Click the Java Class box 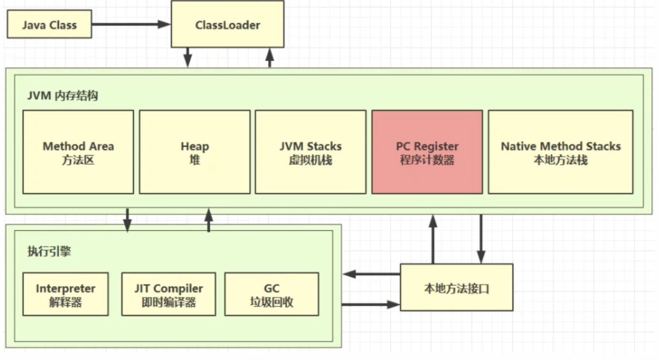point(49,25)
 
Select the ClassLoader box point(228,25)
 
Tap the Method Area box point(78,152)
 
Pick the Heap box point(195,152)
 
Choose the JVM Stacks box point(311,152)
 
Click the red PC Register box point(427,152)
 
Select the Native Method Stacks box point(561,152)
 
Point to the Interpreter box point(65,294)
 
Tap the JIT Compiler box point(169,294)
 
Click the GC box point(272,294)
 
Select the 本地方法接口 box point(457,288)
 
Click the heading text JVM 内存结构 point(63,96)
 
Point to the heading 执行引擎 point(49,251)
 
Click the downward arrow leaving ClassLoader point(188,58)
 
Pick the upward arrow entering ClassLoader point(270,58)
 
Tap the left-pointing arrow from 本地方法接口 point(372,274)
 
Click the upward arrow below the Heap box point(209,220)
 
